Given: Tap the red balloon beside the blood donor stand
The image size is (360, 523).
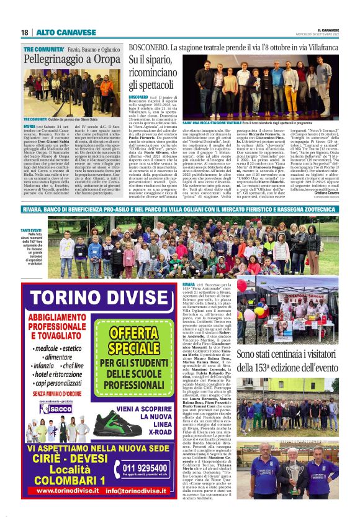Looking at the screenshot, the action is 241,286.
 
